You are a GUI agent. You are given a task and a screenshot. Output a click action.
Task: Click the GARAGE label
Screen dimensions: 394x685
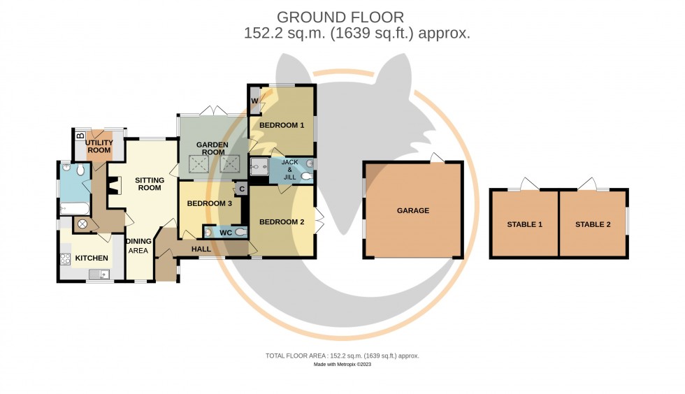pos(413,210)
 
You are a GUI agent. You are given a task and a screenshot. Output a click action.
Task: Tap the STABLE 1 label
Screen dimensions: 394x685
pos(525,224)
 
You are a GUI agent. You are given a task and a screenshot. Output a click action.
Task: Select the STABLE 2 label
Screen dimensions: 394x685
pos(593,224)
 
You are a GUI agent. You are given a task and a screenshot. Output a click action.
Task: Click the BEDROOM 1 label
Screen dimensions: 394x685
pos(282,126)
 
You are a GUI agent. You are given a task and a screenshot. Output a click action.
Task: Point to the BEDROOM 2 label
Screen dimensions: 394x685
pos(282,222)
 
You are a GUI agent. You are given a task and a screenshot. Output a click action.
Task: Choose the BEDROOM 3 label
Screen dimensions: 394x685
pos(209,203)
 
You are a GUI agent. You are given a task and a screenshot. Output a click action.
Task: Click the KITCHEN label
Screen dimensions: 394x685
pos(92,258)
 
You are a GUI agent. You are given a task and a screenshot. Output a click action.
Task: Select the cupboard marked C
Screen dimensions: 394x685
pos(242,189)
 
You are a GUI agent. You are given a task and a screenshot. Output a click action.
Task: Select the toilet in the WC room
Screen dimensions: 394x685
pos(241,232)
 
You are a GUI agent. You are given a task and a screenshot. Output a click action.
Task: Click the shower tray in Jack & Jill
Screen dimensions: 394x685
pos(260,166)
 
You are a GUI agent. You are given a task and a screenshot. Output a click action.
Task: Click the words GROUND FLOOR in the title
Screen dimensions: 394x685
pos(340,17)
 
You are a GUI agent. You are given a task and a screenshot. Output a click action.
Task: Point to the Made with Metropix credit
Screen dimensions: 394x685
pos(342,364)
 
